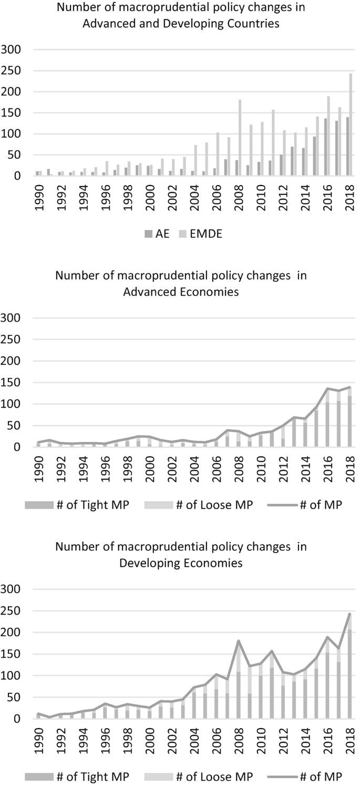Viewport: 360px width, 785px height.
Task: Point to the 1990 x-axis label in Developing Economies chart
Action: coord(37,736)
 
